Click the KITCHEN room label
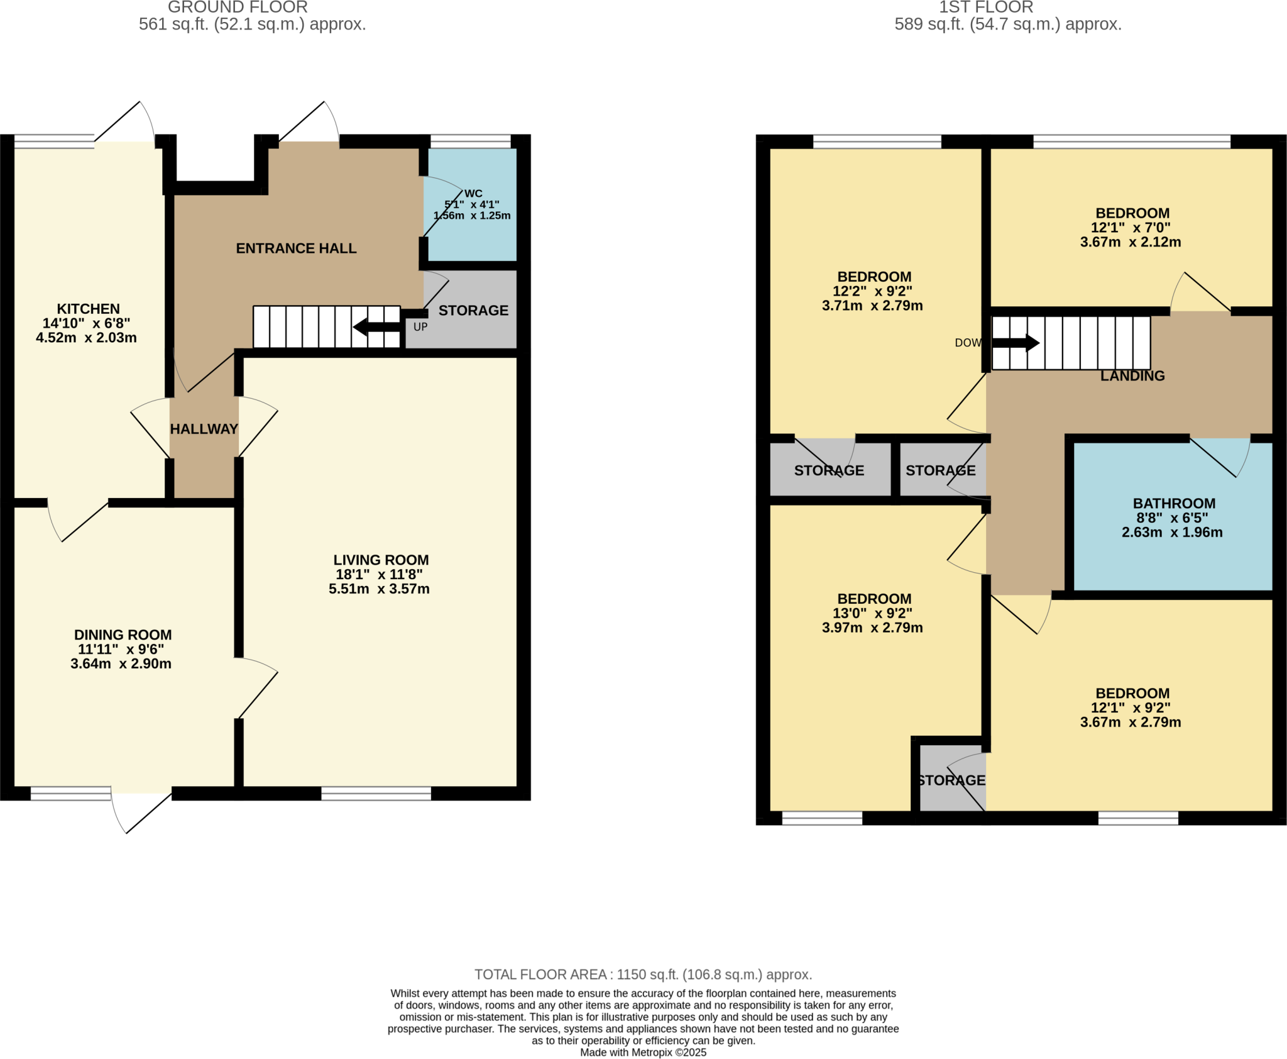[88, 309]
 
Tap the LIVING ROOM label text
[381, 560]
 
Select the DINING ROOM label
[123, 635]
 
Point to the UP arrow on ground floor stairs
[376, 327]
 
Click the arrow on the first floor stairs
[1016, 343]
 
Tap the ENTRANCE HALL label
[296, 248]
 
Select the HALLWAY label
[204, 429]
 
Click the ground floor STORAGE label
[473, 311]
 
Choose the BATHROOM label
[1174, 503]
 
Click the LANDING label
[1132, 376]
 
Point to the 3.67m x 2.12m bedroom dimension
[1131, 242]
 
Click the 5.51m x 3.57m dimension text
[379, 589]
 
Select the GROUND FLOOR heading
[238, 8]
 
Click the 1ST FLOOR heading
[985, 8]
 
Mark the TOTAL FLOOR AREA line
[643, 975]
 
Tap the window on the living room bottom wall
[376, 794]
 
